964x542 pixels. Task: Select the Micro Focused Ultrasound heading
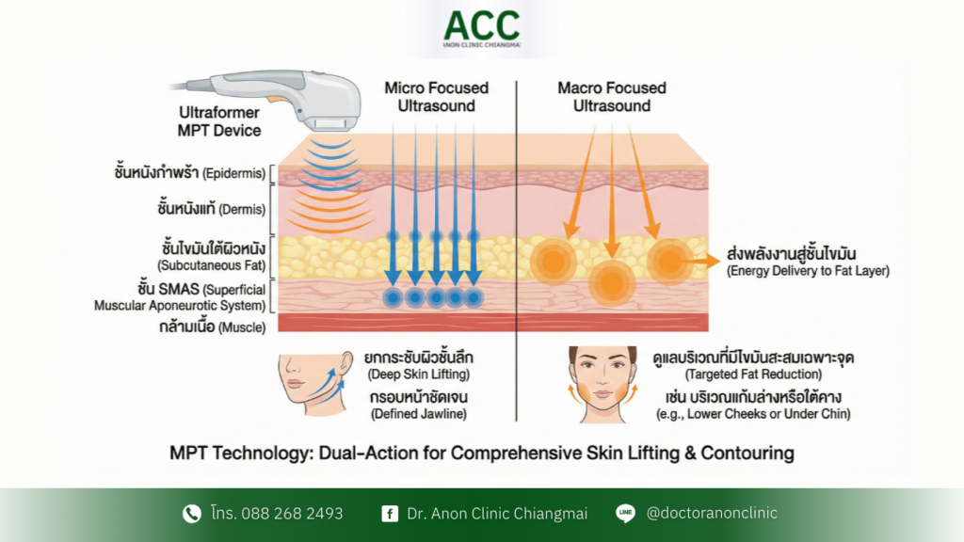click(x=436, y=96)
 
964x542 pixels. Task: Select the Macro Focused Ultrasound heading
click(x=611, y=96)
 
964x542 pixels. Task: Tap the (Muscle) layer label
click(x=241, y=327)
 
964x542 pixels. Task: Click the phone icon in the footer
click(x=192, y=513)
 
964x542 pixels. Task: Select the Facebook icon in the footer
click(x=389, y=514)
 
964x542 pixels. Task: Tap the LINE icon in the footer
click(x=625, y=513)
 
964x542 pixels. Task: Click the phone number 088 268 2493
click(x=294, y=514)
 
